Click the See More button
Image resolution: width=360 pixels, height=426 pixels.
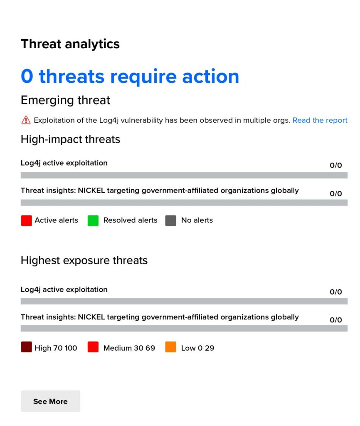50,401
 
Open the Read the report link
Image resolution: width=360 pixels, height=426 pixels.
320,120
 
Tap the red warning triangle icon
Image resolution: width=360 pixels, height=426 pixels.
26,120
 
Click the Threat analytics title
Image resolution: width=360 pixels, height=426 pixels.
70,44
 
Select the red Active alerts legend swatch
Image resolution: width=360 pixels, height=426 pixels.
26,220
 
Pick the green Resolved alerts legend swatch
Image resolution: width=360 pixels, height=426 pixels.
93,220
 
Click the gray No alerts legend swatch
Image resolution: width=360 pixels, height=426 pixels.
170,220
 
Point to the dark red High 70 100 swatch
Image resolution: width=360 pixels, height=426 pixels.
26,347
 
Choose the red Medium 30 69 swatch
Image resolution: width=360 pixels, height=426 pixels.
93,347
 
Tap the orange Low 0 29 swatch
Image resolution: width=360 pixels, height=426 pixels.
170,347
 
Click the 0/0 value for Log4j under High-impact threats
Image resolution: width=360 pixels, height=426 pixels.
335,165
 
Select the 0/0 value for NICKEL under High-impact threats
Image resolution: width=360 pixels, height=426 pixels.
335,193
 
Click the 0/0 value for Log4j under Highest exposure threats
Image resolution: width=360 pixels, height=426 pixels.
335,292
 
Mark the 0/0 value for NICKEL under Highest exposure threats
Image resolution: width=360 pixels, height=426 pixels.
335,320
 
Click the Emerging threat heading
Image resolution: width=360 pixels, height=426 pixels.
65,100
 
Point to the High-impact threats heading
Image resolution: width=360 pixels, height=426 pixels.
70,139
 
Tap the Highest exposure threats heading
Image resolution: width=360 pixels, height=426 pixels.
84,260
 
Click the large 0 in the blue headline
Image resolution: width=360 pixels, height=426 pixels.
27,76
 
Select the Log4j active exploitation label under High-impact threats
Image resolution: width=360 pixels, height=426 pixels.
64,163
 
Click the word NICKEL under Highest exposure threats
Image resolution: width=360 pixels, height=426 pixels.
91,317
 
